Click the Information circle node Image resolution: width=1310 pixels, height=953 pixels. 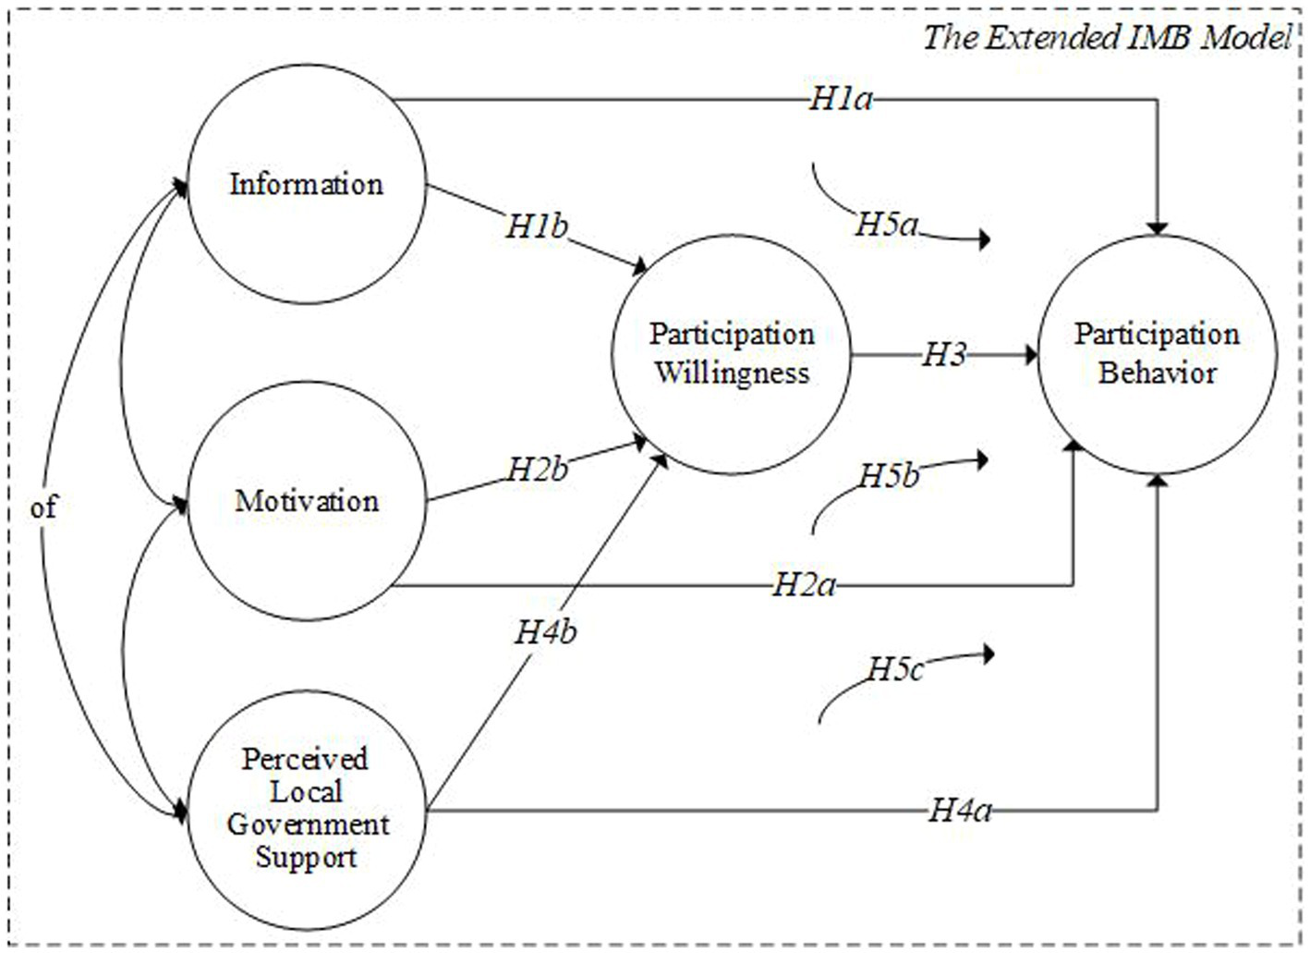(306, 184)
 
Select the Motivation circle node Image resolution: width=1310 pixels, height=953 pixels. (306, 501)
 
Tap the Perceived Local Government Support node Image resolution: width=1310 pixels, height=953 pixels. (306, 808)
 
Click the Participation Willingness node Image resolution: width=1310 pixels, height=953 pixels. (731, 354)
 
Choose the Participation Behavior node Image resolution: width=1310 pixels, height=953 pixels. (1157, 354)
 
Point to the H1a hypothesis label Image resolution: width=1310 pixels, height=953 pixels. (840, 99)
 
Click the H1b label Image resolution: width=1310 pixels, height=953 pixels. (536, 226)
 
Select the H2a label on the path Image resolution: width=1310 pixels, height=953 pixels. (804, 584)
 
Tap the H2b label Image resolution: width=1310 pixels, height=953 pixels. (537, 469)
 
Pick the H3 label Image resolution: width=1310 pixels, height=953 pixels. (943, 355)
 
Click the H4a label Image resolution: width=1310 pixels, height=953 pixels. (960, 811)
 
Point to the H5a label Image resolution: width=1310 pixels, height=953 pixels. (886, 224)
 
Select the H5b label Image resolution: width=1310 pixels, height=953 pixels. (889, 476)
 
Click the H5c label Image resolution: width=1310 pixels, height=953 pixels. (894, 668)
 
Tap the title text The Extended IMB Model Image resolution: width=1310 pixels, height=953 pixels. (1106, 38)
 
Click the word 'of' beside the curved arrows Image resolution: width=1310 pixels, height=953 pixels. (43, 507)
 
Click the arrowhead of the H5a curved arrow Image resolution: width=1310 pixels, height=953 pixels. (985, 239)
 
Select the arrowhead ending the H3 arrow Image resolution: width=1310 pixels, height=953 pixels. (1031, 355)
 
